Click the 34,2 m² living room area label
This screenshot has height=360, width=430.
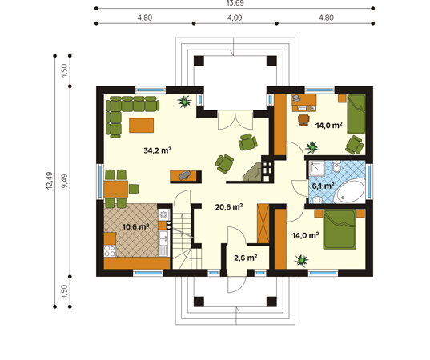(158, 150)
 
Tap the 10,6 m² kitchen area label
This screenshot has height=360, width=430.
(135, 226)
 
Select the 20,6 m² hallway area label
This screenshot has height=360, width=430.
(229, 206)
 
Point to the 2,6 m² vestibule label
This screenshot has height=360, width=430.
(246, 258)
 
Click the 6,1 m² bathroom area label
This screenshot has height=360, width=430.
(323, 186)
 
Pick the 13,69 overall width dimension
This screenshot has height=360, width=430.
(235, 3)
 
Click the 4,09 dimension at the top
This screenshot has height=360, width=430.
(235, 18)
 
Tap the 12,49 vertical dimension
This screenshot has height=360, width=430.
(50, 181)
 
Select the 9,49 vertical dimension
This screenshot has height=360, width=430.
(65, 181)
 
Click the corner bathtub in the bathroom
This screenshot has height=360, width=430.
(351, 191)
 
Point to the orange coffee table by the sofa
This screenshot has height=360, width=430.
(141, 126)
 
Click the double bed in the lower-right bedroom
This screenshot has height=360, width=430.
(340, 229)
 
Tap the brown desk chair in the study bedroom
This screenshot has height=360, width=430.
(303, 120)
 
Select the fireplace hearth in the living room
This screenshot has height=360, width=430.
(252, 172)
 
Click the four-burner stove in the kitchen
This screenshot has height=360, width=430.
(110, 251)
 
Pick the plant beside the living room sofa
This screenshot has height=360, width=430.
(184, 102)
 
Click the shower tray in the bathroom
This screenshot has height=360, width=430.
(317, 168)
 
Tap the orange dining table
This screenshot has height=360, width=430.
(116, 189)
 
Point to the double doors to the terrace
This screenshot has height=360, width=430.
(235, 120)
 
